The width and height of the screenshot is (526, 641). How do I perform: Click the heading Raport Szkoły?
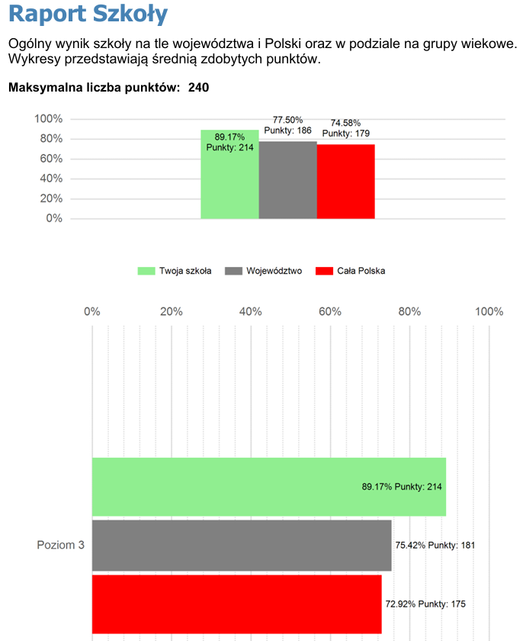point(88,14)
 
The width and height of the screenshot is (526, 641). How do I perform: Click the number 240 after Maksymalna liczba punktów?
point(198,88)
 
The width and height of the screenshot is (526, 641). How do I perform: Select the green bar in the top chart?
point(229,183)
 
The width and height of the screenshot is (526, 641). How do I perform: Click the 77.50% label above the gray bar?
point(287,120)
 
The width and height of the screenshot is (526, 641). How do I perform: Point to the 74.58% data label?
point(345,123)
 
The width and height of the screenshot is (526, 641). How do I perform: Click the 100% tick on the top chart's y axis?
point(48,119)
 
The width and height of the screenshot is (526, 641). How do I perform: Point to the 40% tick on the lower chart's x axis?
point(251,311)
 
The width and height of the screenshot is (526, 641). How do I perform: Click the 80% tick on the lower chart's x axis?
point(409,311)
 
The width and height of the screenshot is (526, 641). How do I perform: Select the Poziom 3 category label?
point(60,545)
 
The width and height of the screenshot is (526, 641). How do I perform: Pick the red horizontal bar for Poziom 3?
point(236,604)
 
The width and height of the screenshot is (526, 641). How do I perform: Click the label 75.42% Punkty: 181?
point(435,545)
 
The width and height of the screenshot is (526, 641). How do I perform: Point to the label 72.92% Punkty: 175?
point(425,604)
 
